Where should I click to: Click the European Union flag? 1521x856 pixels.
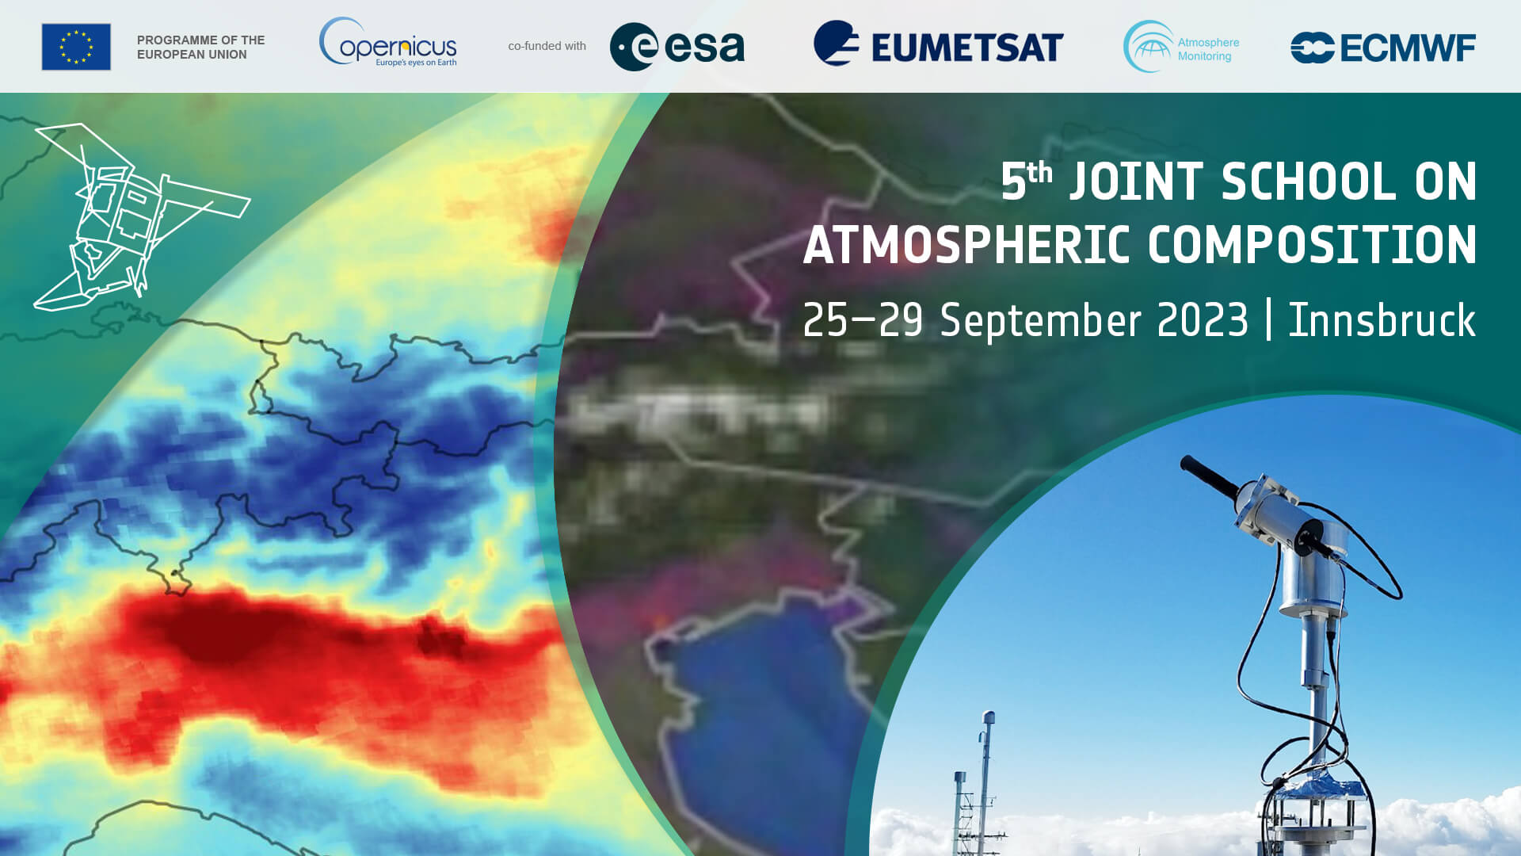click(x=76, y=47)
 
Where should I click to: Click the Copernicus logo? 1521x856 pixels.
click(x=388, y=43)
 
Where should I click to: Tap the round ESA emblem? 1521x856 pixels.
click(x=634, y=47)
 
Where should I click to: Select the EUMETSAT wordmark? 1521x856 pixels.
click(x=967, y=48)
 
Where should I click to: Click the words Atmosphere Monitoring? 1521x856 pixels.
click(x=1208, y=49)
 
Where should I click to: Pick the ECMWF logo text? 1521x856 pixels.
click(x=1408, y=48)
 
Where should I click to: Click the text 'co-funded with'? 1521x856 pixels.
click(x=547, y=46)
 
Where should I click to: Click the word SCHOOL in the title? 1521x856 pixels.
click(x=1308, y=182)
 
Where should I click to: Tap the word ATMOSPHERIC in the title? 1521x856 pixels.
click(x=966, y=245)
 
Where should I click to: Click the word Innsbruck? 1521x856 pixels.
click(x=1382, y=320)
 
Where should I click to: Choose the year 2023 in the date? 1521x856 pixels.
click(x=1202, y=320)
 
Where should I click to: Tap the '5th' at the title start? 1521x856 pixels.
click(x=1026, y=180)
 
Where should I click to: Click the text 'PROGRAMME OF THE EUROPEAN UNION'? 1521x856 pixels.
click(x=201, y=47)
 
